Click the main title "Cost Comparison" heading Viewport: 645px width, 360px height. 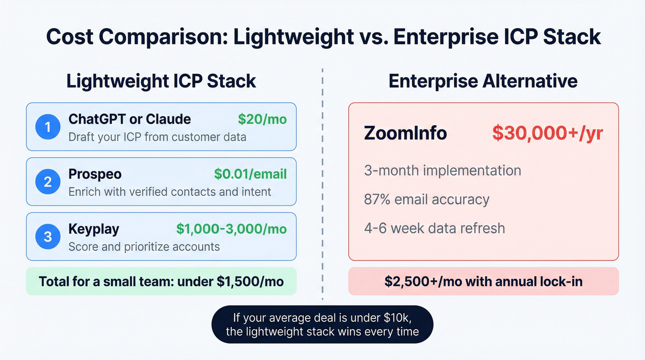pos(323,37)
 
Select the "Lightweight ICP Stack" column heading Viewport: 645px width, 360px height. pos(161,81)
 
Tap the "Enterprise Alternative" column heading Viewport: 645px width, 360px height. pos(483,81)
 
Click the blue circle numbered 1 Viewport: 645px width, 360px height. pos(48,127)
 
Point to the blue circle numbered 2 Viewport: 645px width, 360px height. pos(48,182)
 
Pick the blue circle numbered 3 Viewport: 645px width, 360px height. pos(48,236)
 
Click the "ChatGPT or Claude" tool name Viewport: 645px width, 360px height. pos(129,119)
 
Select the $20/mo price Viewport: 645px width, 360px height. pos(262,119)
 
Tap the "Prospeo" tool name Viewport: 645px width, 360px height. pos(95,174)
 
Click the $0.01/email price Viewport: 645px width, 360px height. pos(250,174)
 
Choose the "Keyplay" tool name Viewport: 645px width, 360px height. pos(94,229)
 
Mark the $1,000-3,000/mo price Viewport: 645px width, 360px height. pos(231,229)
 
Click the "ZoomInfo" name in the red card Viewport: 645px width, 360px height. pos(405,133)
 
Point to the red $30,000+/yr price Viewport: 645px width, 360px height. pos(547,133)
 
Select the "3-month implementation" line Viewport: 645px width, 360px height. pos(442,171)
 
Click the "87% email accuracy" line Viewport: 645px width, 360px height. pos(427,200)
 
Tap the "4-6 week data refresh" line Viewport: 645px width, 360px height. pos(434,228)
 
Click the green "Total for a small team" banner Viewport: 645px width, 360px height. pos(161,281)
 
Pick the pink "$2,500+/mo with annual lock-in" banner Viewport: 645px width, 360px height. pos(483,281)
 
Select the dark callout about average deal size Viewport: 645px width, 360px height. pos(322,324)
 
